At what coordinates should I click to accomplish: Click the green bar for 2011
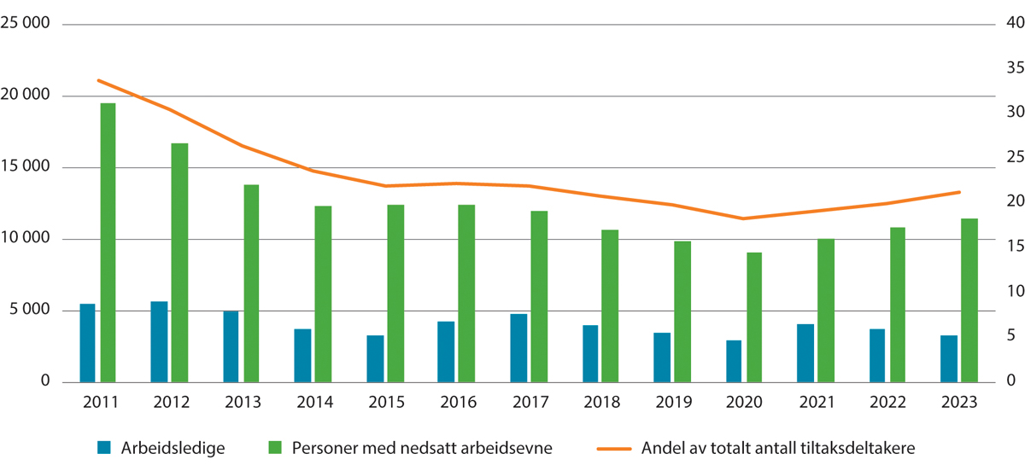tap(108, 242)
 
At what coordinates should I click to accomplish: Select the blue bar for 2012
tap(159, 341)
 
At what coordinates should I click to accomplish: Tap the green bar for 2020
tap(753, 317)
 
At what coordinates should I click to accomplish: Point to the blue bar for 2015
tap(375, 358)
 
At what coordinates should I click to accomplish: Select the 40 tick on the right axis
tap(1004, 23)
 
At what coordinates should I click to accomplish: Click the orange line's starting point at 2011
tap(97, 80)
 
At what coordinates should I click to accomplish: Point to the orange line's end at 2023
tap(959, 192)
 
